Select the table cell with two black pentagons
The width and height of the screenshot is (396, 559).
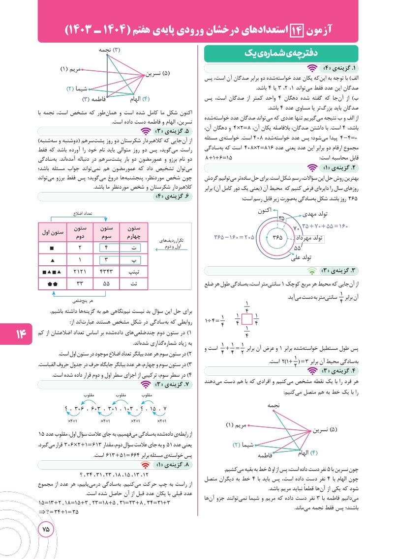pyautogui.click(x=52, y=283)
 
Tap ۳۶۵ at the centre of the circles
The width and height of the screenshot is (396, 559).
pyautogui.click(x=278, y=237)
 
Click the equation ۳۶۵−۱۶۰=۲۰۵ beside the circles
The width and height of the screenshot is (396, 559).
pyautogui.click(x=234, y=237)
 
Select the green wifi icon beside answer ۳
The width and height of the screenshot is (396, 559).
pyautogui.click(x=311, y=270)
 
